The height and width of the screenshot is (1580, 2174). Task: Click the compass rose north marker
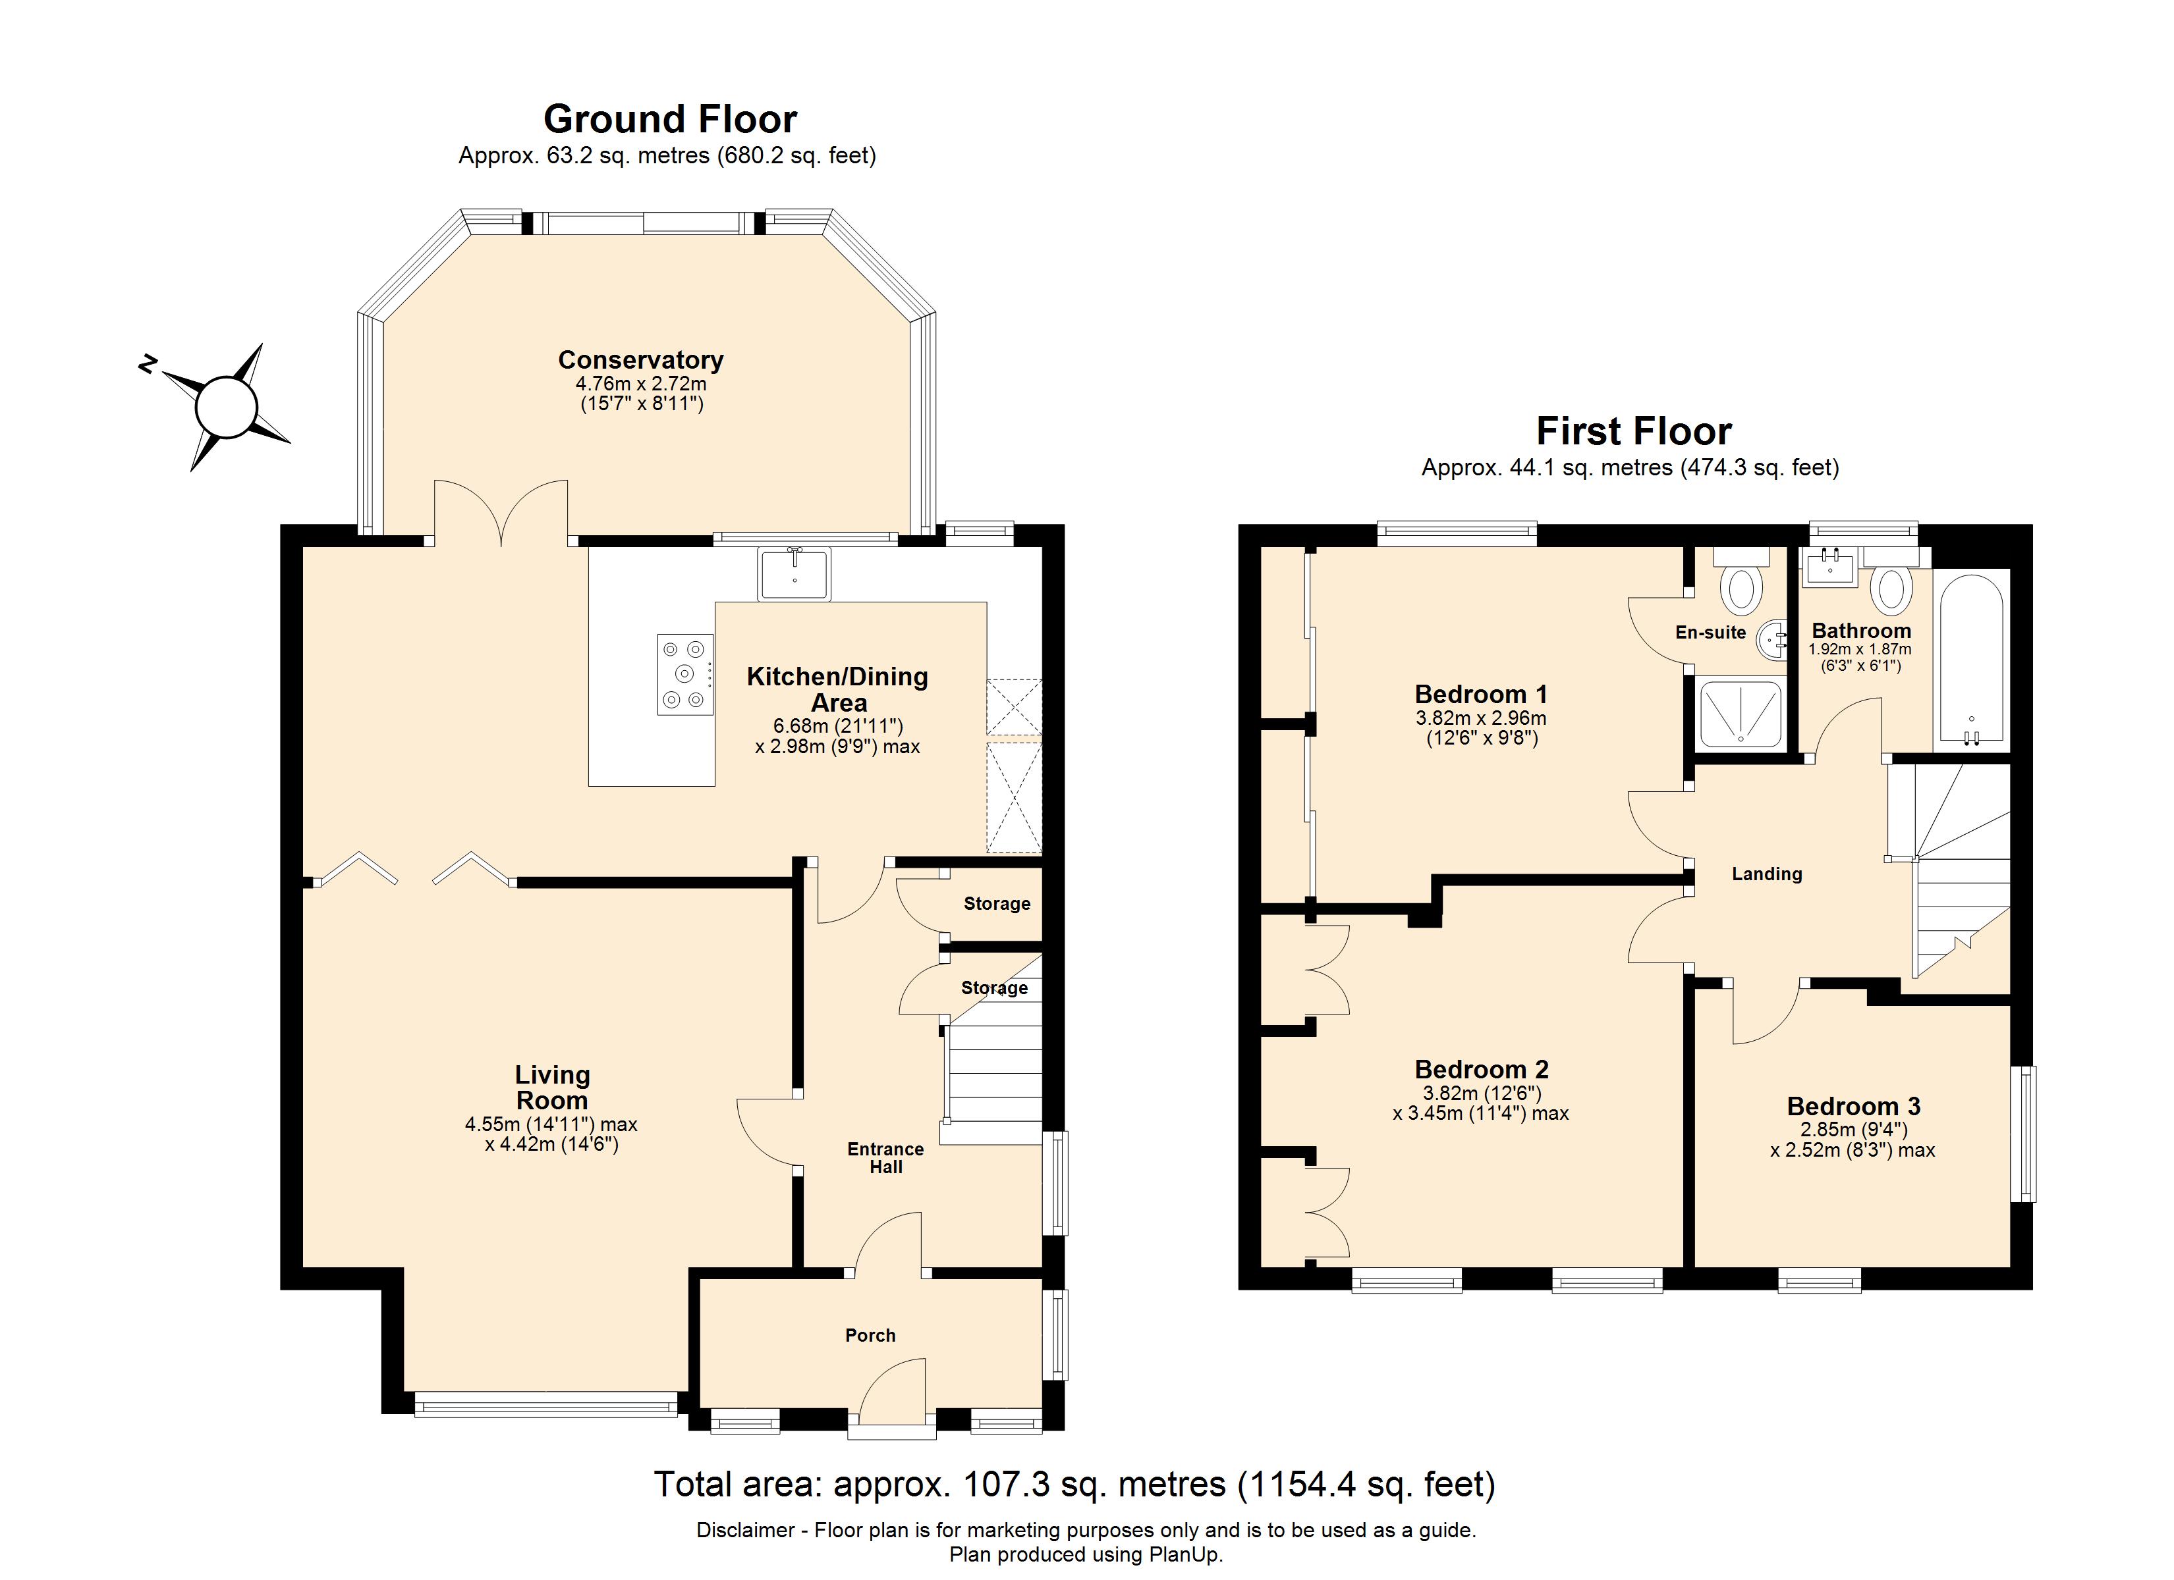pyautogui.click(x=148, y=363)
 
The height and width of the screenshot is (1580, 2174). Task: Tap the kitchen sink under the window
pyautogui.click(x=794, y=575)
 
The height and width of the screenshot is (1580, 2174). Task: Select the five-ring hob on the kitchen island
pyautogui.click(x=684, y=675)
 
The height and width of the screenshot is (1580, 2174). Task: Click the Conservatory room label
pyautogui.click(x=640, y=360)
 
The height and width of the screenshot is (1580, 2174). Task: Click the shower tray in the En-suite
pyautogui.click(x=1740, y=713)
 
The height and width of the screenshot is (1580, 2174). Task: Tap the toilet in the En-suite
pyautogui.click(x=1741, y=587)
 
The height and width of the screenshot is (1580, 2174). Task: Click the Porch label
pyautogui.click(x=870, y=1336)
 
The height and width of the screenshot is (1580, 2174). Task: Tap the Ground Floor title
pyautogui.click(x=670, y=118)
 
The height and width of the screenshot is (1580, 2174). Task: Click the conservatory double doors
pyautogui.click(x=501, y=513)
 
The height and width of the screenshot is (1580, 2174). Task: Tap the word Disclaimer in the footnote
pyautogui.click(x=746, y=1530)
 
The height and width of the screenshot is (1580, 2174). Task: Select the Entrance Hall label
pyautogui.click(x=885, y=1157)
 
